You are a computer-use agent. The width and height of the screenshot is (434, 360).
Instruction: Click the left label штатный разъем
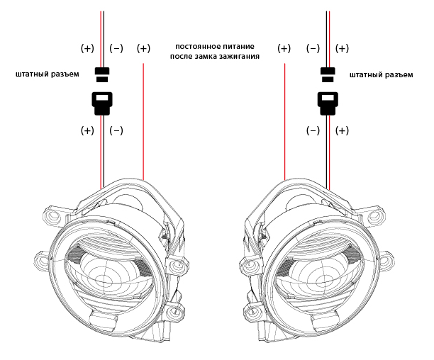click(47, 74)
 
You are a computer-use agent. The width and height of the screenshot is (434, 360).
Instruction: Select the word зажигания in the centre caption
click(239, 55)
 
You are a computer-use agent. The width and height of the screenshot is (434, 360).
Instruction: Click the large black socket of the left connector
click(102, 103)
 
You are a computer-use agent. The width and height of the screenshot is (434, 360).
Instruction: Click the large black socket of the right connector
click(328, 103)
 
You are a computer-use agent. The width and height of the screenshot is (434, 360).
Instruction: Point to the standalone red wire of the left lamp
click(144, 120)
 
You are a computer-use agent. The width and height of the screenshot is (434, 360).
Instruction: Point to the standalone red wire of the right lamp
click(284, 120)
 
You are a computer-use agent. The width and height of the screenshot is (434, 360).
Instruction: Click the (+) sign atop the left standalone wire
click(143, 48)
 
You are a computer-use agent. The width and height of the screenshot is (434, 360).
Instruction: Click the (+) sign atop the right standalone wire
click(284, 48)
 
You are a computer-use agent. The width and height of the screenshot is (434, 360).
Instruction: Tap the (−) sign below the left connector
click(116, 130)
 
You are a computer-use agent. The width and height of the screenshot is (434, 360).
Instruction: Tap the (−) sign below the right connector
click(313, 130)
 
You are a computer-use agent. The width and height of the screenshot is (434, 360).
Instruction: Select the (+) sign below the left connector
click(87, 130)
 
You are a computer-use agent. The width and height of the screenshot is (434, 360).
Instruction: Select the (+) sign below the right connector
click(342, 130)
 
